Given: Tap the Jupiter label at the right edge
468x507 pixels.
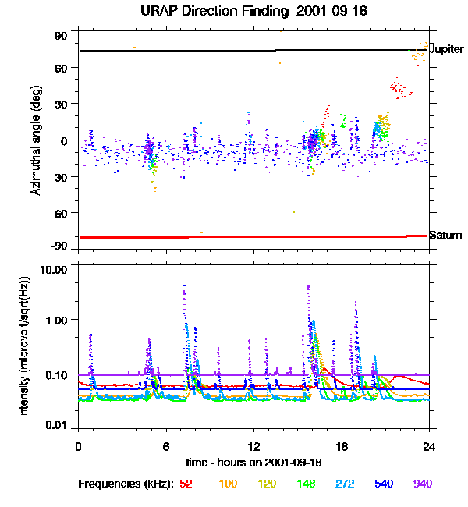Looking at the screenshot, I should pos(446,49).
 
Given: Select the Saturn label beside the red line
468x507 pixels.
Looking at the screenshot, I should pos(445,235).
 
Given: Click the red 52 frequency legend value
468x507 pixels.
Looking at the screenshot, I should pos(186,484).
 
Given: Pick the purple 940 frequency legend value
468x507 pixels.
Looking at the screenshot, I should pos(422,484).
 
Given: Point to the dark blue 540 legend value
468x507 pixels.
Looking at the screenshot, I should pos(382,484).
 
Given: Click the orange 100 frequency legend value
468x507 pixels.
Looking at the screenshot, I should pos(228,484).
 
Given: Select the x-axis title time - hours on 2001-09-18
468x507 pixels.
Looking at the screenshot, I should pos(253,463).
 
